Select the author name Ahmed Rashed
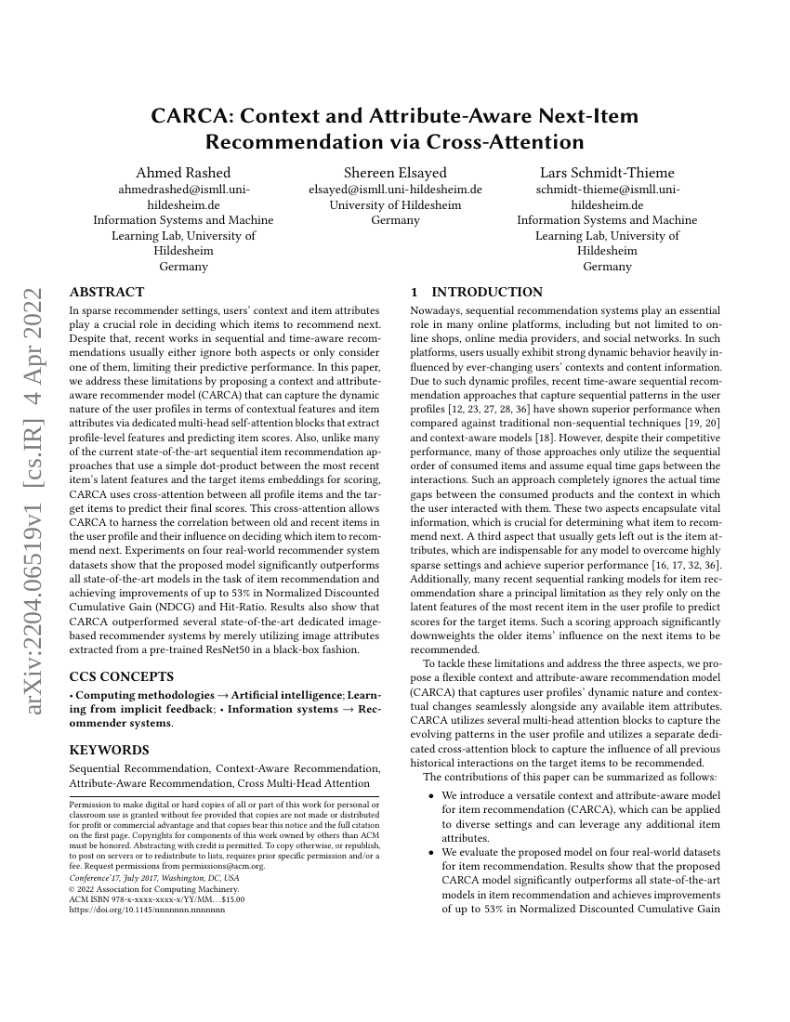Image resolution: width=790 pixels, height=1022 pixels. coord(183,173)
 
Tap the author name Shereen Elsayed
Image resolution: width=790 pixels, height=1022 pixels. coord(395,173)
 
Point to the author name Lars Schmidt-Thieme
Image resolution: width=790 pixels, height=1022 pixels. coord(607,173)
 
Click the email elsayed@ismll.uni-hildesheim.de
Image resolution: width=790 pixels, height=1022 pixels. coord(395,190)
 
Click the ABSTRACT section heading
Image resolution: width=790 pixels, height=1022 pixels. coord(107,292)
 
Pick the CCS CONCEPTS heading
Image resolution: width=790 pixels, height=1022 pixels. coord(121,675)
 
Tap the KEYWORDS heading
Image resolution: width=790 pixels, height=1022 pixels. coord(109,749)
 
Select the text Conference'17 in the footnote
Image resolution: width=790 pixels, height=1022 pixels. coord(93,878)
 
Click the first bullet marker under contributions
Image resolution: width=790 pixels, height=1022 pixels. coord(430,796)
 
